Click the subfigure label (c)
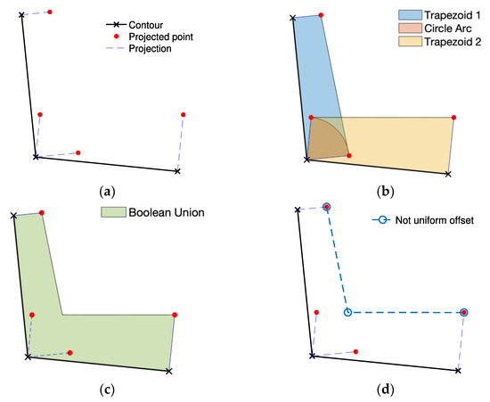coord(108,389)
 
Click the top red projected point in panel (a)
coord(50,12)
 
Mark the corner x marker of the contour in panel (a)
coord(36,157)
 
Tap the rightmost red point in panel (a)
coord(183,114)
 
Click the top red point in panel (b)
coord(321,14)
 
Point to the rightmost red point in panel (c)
coord(174,315)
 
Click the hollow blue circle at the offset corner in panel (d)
coord(347,312)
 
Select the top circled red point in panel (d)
coord(327,207)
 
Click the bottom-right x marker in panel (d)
coord(458,370)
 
